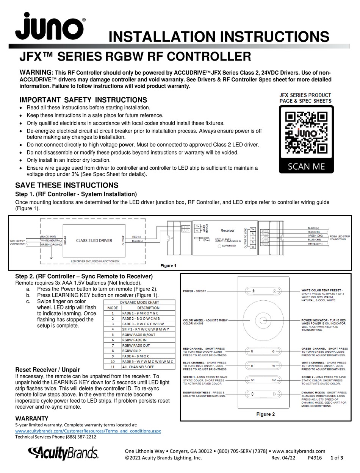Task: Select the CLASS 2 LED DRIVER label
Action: [x=94, y=240]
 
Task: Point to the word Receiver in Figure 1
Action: [x=227, y=230]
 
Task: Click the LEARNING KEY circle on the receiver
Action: [x=219, y=246]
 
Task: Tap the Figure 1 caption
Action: [x=169, y=265]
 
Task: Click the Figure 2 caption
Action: [x=265, y=414]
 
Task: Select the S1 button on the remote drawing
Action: [x=252, y=379]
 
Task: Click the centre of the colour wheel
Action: [x=263, y=319]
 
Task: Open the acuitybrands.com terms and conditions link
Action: [x=88, y=431]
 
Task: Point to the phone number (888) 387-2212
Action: [x=78, y=437]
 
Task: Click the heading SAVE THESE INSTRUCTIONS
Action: [x=67, y=185]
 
